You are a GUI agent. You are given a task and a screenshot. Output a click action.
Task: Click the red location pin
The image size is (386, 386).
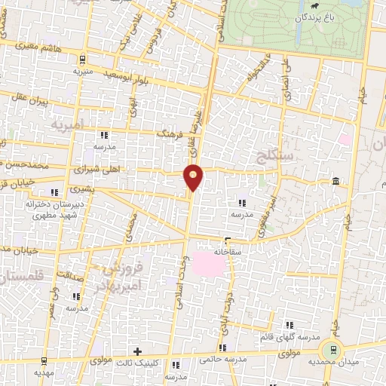point(194,176)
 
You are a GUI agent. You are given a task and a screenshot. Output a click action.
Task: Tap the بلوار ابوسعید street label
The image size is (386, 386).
point(135,70)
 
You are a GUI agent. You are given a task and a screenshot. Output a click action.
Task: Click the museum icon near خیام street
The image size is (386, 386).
point(335,181)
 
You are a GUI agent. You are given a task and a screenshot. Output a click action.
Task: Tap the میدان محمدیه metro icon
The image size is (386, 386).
point(329,350)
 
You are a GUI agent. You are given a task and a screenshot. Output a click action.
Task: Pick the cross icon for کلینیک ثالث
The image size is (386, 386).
point(137,351)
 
